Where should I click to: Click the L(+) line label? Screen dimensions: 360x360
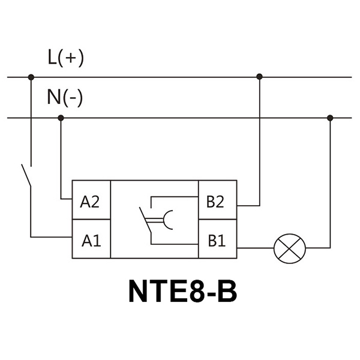pos(65,58)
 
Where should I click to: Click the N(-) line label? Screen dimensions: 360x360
pos(64,98)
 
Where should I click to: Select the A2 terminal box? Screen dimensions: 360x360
pos(91,201)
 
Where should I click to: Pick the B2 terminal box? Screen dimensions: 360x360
pos(217,201)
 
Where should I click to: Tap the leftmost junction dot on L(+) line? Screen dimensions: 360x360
pos(31,77)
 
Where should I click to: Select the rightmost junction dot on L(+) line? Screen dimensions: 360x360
pos(259,77)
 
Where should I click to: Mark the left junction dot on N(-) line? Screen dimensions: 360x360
pos(60,118)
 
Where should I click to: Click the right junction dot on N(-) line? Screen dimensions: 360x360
pos(329,118)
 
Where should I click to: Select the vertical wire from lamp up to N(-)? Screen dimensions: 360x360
pos(329,180)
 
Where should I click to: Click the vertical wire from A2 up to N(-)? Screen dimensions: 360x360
pos(60,156)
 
